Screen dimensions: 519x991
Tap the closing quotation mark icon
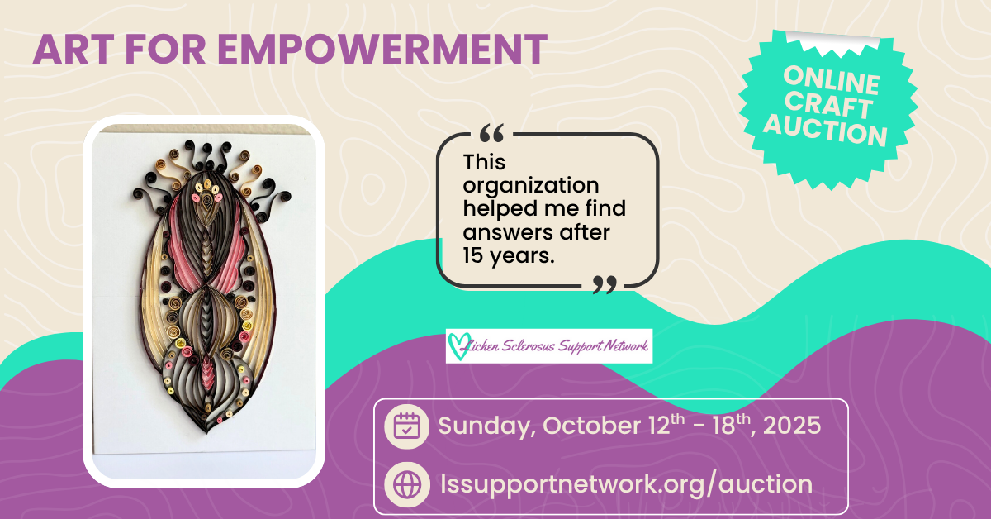[605, 285]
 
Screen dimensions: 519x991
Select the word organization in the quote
[531, 185]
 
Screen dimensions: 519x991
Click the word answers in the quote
[505, 233]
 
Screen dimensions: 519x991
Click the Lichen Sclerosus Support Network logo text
[558, 345]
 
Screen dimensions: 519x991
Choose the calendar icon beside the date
[406, 426]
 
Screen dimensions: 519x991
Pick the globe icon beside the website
[406, 483]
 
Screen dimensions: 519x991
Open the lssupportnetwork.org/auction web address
[625, 483]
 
